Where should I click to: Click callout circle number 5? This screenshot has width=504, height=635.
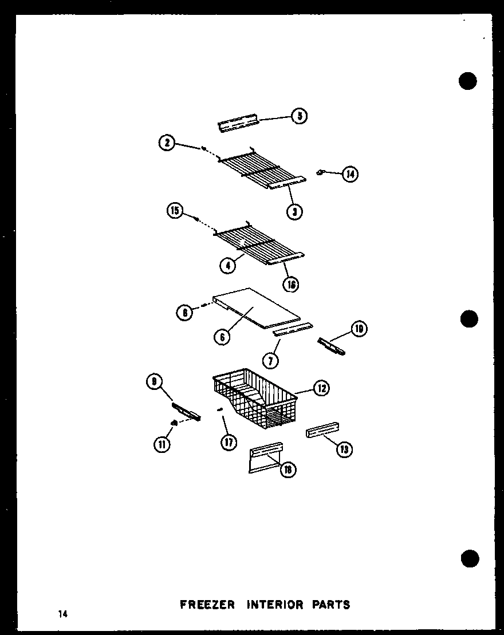coord(299,116)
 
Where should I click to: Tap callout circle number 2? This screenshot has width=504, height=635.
coord(167,143)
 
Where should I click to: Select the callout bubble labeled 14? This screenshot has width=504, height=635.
coord(350,173)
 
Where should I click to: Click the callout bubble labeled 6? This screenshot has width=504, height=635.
coord(222,337)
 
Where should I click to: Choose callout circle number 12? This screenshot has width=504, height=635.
coord(321,388)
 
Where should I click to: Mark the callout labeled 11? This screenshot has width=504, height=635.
coord(163,443)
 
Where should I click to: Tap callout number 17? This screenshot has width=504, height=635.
coord(229,443)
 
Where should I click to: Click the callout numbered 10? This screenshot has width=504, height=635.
coord(359,329)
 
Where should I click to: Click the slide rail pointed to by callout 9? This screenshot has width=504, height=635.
coord(187,411)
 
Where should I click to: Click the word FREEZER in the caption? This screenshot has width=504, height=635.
coord(207,605)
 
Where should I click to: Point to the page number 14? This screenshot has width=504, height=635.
coord(62,614)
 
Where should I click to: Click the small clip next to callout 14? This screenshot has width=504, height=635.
coord(321,171)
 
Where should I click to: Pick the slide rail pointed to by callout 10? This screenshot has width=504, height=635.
coord(331,346)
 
